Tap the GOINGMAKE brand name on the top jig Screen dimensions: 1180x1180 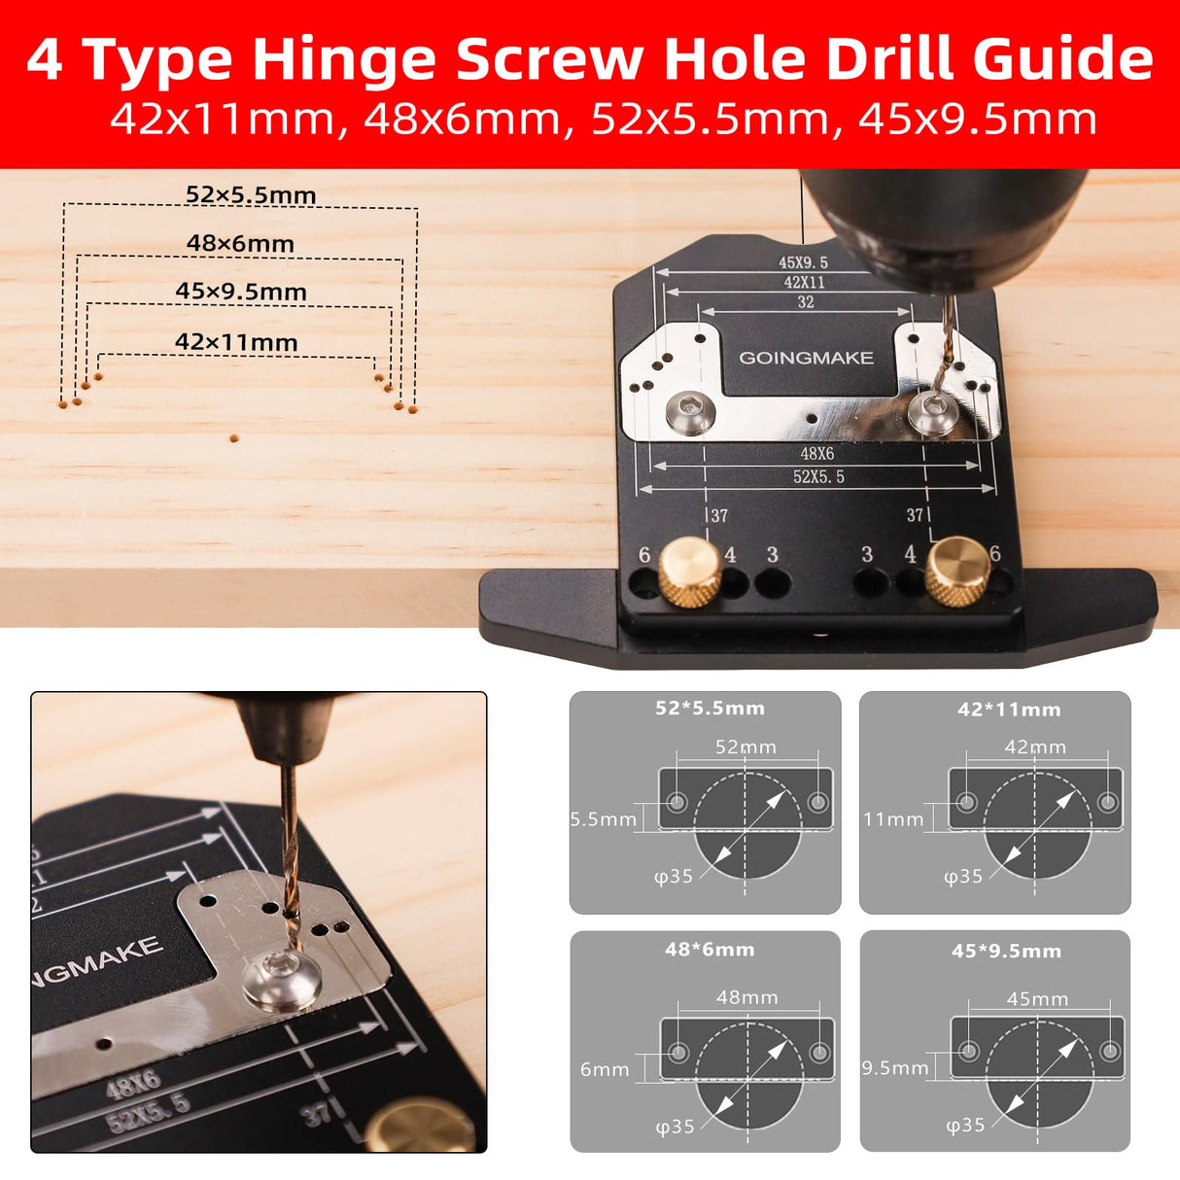click(x=806, y=358)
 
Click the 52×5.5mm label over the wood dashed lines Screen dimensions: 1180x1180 click(x=251, y=194)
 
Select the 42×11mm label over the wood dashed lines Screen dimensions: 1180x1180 click(x=236, y=342)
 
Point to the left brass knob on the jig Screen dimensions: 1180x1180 click(x=690, y=571)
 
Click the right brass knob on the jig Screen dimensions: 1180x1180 click(x=957, y=570)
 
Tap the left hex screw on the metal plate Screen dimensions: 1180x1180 click(x=691, y=413)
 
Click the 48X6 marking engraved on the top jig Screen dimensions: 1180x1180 click(x=816, y=453)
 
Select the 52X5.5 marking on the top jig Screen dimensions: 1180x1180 click(x=818, y=476)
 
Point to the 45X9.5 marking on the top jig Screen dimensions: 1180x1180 click(x=803, y=262)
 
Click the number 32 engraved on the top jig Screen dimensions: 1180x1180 click(x=806, y=302)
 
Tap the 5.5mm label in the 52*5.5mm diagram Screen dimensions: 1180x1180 click(x=603, y=819)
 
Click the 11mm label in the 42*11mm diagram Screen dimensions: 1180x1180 click(x=893, y=819)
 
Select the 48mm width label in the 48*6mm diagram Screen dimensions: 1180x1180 click(x=746, y=997)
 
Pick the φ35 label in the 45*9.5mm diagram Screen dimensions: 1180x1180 click(x=965, y=1125)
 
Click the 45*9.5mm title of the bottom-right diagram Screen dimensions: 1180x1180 click(x=1006, y=951)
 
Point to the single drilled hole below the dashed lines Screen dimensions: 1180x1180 click(x=234, y=438)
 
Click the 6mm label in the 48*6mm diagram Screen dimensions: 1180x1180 click(x=605, y=1069)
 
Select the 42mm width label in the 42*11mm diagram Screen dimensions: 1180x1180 click(x=1035, y=747)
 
